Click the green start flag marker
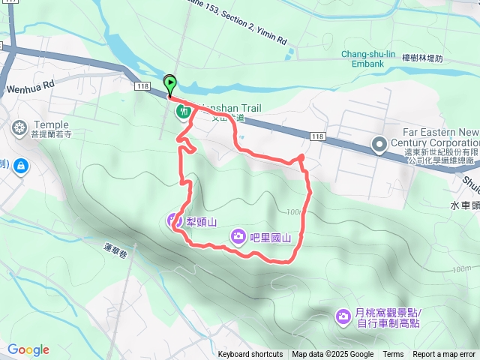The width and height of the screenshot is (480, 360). [170, 85]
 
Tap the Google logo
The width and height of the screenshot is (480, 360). [28, 349]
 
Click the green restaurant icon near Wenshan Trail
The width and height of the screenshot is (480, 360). [182, 112]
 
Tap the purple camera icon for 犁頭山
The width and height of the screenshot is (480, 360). [173, 220]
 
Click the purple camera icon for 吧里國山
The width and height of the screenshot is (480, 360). [238, 238]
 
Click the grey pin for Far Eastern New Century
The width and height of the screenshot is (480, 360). [380, 143]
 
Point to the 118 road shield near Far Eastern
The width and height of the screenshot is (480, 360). [317, 136]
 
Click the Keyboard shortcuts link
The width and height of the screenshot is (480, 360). [250, 354]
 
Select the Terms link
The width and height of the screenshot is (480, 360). [393, 354]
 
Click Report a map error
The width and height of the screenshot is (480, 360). [445, 354]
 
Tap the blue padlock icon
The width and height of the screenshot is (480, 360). [20, 164]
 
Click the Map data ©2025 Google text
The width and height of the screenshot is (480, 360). [332, 354]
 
